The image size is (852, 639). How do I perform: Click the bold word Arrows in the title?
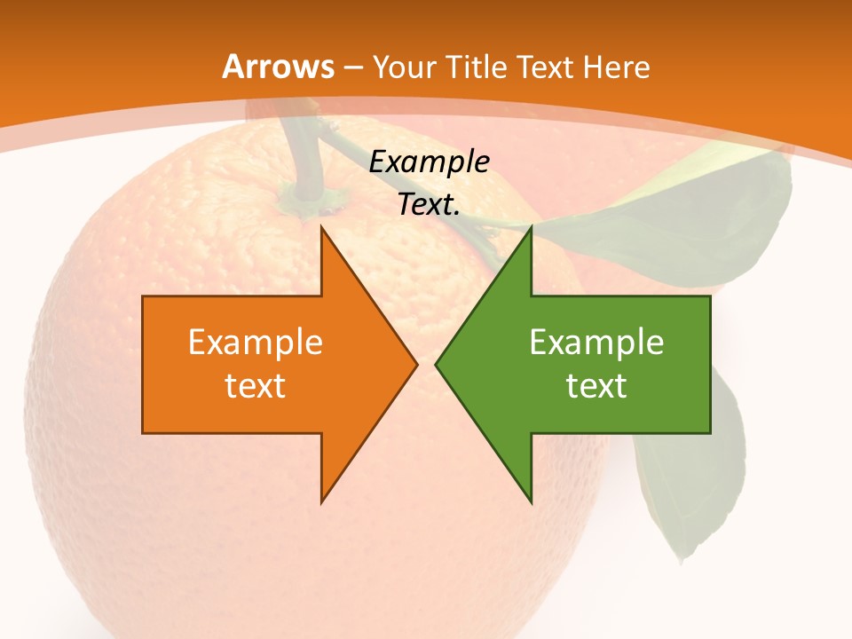pos(278,67)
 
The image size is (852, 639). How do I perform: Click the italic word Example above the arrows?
pos(430,162)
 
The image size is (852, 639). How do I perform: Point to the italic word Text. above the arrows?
pos(430,204)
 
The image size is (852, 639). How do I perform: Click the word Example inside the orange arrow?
pos(255,342)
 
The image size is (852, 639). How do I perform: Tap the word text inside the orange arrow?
pos(255,385)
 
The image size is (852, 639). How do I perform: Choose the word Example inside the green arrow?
pos(596,342)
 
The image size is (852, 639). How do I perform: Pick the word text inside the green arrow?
pos(596,385)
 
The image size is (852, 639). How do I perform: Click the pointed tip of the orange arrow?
pos(415,364)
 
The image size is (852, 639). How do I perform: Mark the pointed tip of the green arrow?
pos(438,364)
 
